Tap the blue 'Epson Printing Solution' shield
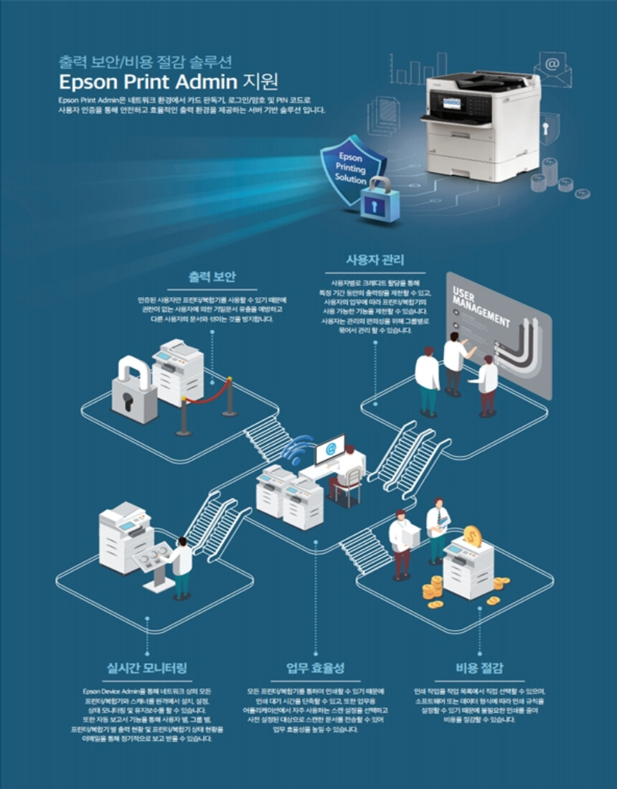point(351,168)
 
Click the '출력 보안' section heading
point(212,276)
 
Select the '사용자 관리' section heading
point(375,260)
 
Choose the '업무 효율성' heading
point(316,668)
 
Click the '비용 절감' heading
point(479,668)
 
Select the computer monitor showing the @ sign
point(330,449)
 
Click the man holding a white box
point(402,542)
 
